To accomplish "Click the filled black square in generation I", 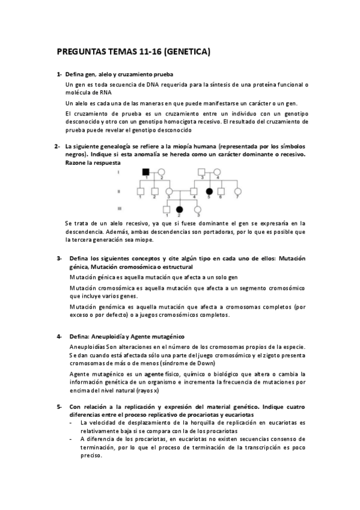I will pos(145,172).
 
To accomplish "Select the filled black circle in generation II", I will pos(209,191).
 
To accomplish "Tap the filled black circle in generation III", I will pos(179,209).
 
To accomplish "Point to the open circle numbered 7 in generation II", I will pos(238,191).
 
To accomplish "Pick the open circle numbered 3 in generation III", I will pos(198,209).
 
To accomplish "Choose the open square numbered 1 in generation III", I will pos(166,209).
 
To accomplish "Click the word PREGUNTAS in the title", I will pos(79,52).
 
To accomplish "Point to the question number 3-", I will pos(59,259).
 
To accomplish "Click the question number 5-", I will pos(59,407).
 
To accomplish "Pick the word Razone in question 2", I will pos(77,163).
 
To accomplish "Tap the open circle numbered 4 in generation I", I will pos(217,172).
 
